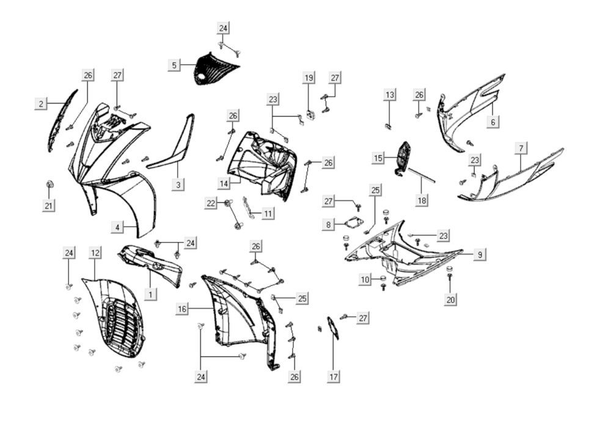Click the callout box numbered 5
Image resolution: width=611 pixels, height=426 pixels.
pyautogui.click(x=174, y=65)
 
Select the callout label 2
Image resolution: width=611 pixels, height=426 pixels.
pyautogui.click(x=41, y=104)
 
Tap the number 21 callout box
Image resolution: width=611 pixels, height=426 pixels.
pyautogui.click(x=49, y=206)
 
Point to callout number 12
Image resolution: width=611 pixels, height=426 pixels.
pyautogui.click(x=95, y=252)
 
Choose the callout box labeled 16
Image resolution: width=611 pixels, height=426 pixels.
pyautogui.click(x=182, y=309)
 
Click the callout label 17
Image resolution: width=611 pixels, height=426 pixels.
pyautogui.click(x=334, y=377)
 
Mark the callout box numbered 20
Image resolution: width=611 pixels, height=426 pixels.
pyautogui.click(x=451, y=299)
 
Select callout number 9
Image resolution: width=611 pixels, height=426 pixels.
pyautogui.click(x=480, y=254)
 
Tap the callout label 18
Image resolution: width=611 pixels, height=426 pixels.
pyautogui.click(x=422, y=200)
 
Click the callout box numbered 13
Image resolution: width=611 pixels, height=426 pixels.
pyautogui.click(x=390, y=95)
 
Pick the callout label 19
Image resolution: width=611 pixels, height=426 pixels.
pyautogui.click(x=309, y=78)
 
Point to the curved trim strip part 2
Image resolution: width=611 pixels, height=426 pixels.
pyautogui.click(x=63, y=120)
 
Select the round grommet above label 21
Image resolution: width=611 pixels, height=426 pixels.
pyautogui.click(x=49, y=184)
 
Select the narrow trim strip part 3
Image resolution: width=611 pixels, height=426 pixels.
pyautogui.click(x=174, y=147)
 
